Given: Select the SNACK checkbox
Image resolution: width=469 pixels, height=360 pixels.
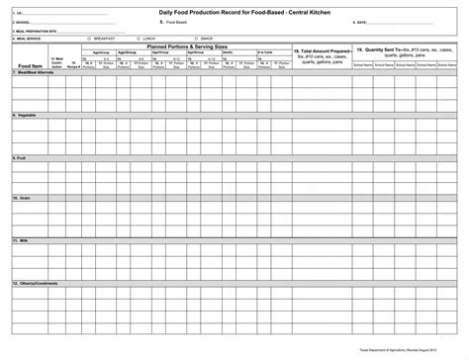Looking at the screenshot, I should [196, 38].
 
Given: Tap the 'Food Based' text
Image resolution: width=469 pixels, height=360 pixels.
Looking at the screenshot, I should [177, 22].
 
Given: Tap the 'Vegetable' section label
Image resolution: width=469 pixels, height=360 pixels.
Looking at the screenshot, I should [26, 114].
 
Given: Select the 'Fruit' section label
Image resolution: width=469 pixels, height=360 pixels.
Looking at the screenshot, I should [20, 156].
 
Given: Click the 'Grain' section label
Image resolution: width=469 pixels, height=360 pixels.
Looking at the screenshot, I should [22, 198].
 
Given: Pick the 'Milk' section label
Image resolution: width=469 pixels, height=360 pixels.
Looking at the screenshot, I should [21, 239].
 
